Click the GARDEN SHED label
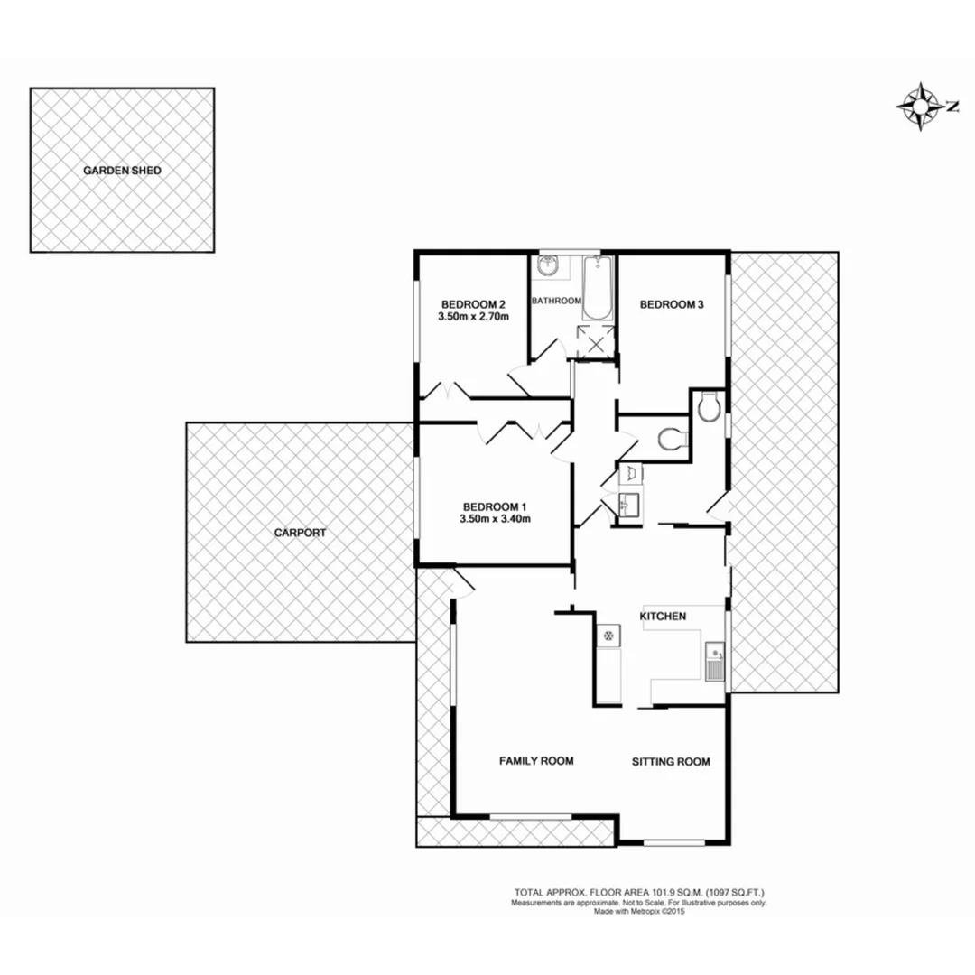point(122,170)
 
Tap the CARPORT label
point(300,533)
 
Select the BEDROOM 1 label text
point(496,506)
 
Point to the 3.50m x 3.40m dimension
point(496,519)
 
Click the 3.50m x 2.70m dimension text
point(473,317)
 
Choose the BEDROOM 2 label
point(473,303)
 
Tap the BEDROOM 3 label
point(672,305)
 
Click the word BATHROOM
point(555,301)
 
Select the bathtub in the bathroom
point(599,289)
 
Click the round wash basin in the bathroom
point(548,266)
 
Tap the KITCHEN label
point(664,617)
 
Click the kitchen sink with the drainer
point(715,662)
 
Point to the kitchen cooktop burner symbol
point(608,636)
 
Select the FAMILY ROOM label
point(537,761)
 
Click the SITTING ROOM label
point(670,761)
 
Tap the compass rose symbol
point(917,107)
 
